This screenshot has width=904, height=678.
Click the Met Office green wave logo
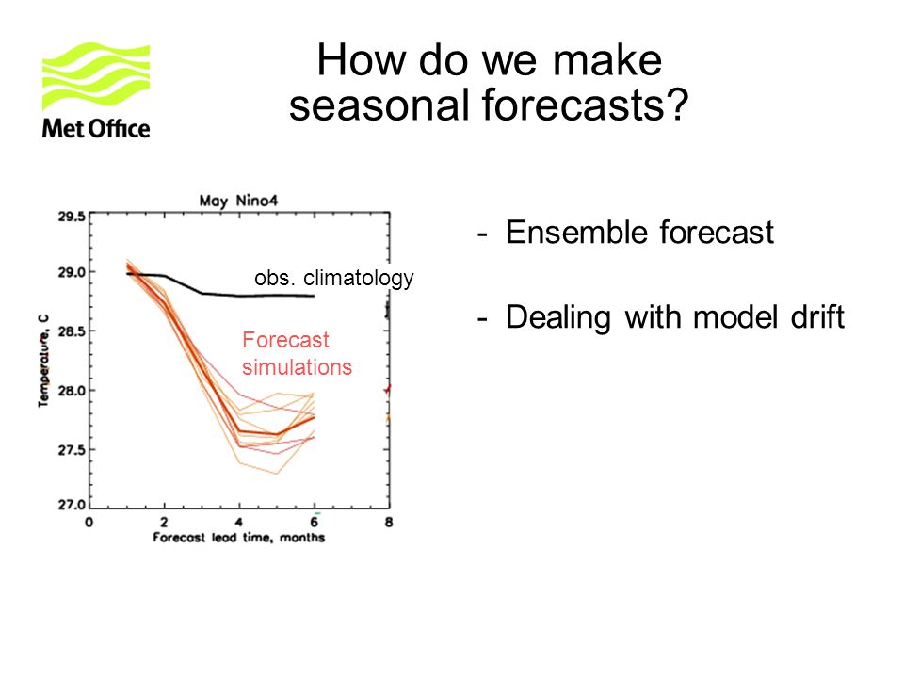[x=96, y=75]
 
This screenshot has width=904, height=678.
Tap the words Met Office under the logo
[x=96, y=128]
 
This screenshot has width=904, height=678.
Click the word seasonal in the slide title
[x=379, y=105]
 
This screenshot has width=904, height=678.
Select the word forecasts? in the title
[x=585, y=105]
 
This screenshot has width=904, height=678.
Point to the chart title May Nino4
[x=238, y=201]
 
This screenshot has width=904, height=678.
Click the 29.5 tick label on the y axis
[x=72, y=217]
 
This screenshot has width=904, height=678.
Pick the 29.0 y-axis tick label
[x=72, y=272]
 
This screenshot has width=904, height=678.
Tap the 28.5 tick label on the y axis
[x=72, y=331]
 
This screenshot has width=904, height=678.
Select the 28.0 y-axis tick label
[x=72, y=391]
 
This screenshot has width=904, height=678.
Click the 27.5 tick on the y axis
[x=72, y=450]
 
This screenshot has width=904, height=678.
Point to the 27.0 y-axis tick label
[x=72, y=505]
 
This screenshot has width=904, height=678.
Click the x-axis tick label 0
[x=89, y=523]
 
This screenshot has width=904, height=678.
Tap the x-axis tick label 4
[x=238, y=523]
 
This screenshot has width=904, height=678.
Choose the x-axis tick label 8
[x=389, y=523]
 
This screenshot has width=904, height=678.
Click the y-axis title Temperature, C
[x=44, y=361]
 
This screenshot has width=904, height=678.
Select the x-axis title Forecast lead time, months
[x=238, y=538]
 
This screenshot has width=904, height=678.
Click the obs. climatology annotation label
[x=333, y=278]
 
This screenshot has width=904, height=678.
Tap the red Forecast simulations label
[x=297, y=353]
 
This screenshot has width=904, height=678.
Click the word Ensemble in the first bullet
[x=578, y=233]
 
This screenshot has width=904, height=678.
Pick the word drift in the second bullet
[x=817, y=316]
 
